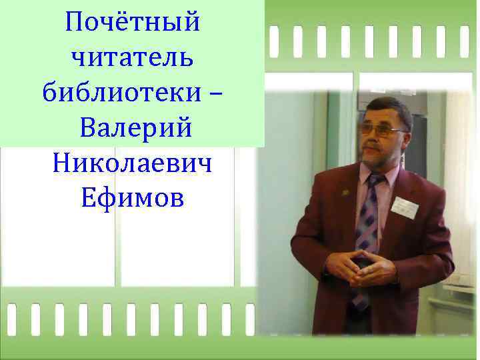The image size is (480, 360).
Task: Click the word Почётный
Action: [133, 23]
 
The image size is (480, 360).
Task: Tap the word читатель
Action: [132, 59]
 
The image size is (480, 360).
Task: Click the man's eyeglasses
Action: [381, 131]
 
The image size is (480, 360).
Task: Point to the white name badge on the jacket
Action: [404, 207]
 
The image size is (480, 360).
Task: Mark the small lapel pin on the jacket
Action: [344, 193]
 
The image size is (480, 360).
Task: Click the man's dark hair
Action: [390, 107]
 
